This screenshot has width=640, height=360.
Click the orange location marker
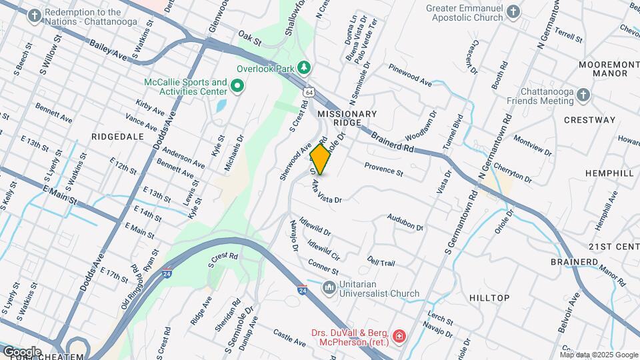pyautogui.click(x=321, y=159)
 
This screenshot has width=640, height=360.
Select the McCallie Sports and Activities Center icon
pyautogui.click(x=237, y=86)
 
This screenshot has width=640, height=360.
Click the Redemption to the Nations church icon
pyautogui.click(x=33, y=17)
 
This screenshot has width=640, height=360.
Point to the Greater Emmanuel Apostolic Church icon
pyautogui.click(x=513, y=12)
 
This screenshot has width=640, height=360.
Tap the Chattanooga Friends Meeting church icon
pyautogui.click(x=583, y=95)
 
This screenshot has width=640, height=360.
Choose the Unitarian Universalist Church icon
pyautogui.click(x=328, y=288)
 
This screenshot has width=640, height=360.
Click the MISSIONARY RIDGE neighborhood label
pyautogui.click(x=347, y=119)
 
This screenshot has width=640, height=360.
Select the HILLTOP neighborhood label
pyautogui.click(x=489, y=297)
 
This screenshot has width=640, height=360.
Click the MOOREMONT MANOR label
pyautogui.click(x=603, y=68)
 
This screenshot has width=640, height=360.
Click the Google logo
pyautogui.click(x=22, y=351)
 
